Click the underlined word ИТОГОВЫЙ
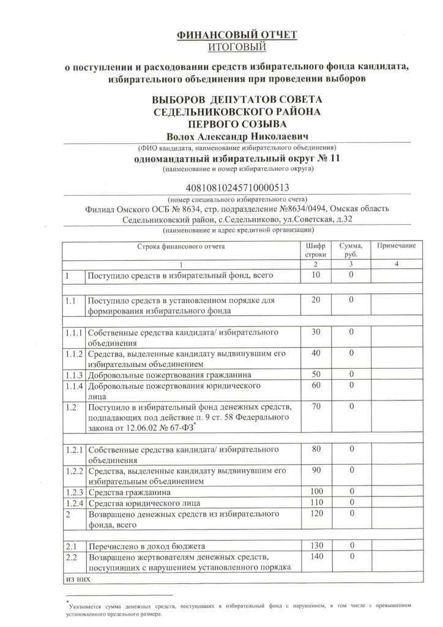(x=237, y=47)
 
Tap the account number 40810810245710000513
(x=236, y=189)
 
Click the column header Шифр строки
(x=316, y=249)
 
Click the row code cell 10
(x=316, y=276)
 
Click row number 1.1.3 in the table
(x=73, y=374)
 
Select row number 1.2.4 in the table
(x=73, y=502)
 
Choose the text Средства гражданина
(x=129, y=492)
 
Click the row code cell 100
(x=316, y=492)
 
